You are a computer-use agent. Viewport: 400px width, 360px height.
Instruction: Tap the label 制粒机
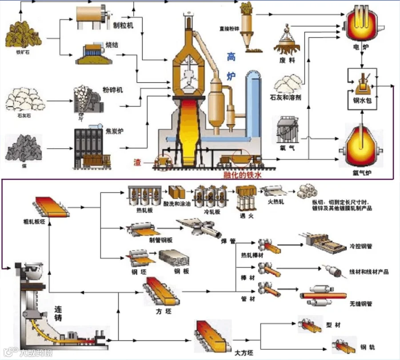pyautogui.click(x=123, y=25)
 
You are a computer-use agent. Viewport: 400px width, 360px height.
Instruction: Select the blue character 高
pyautogui.click(x=231, y=57)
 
